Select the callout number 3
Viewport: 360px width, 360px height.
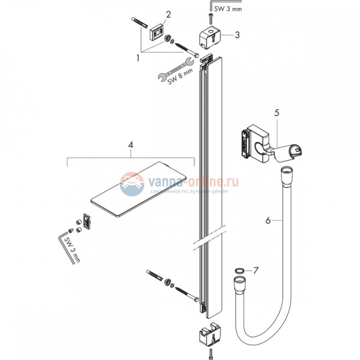(236, 35)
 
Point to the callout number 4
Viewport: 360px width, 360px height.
(130, 145)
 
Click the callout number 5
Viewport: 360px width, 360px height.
(276, 112)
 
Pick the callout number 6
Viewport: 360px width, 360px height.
(268, 220)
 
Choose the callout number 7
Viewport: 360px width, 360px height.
(255, 271)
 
